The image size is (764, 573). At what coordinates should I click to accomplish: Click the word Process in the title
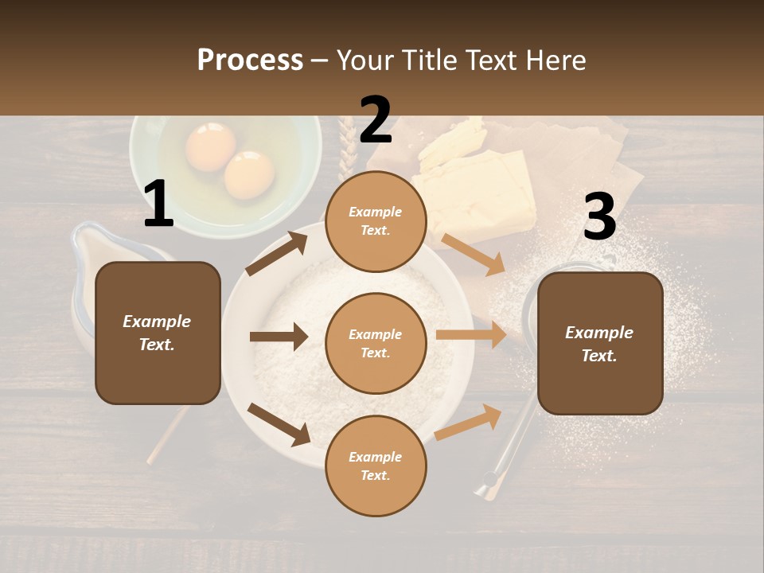click(250, 60)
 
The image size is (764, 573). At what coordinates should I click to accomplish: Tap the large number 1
click(158, 205)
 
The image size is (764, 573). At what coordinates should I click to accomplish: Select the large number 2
click(376, 120)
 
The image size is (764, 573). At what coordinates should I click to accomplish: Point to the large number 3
click(599, 217)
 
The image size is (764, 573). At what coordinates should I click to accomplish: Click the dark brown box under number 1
click(158, 333)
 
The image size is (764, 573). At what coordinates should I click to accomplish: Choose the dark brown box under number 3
click(600, 343)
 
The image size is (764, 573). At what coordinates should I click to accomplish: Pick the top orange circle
click(376, 220)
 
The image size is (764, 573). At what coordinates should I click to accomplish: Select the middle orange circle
click(376, 343)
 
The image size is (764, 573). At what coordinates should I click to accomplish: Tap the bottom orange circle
click(376, 466)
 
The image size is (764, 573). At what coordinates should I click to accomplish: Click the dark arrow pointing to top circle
click(277, 253)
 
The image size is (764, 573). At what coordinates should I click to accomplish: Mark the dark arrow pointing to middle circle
click(279, 337)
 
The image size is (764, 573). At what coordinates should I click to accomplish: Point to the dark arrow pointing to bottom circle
click(279, 424)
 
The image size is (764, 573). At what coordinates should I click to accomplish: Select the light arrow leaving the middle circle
click(471, 335)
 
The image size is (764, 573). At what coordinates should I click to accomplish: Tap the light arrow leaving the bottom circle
click(469, 422)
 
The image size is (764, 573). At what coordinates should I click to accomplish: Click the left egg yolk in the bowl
click(210, 147)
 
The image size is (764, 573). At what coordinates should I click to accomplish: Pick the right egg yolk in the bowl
click(249, 174)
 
